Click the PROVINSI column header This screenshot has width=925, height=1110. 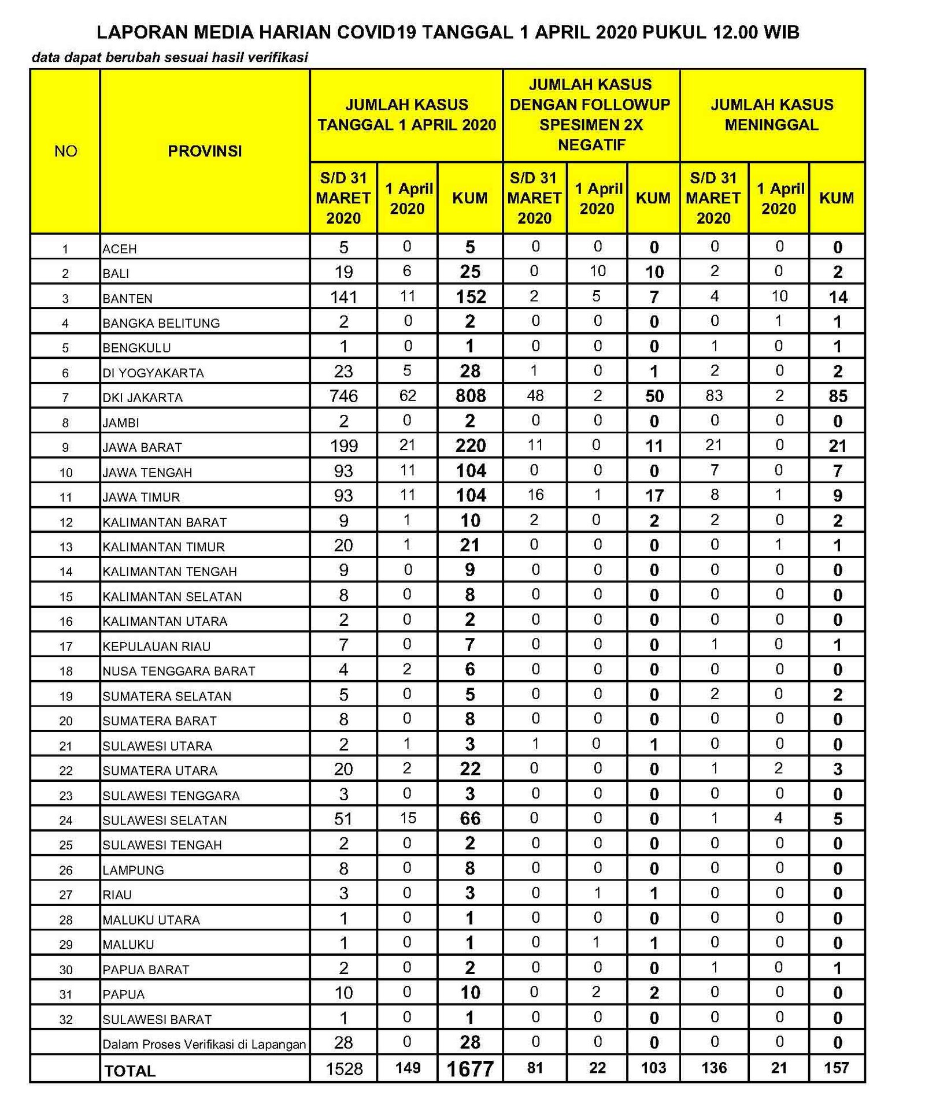pyautogui.click(x=205, y=151)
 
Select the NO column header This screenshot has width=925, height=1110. pyautogui.click(x=65, y=151)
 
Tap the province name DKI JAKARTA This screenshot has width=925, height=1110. pyautogui.click(x=142, y=398)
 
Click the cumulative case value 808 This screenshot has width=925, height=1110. pyautogui.click(x=471, y=396)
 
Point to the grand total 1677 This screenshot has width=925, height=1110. pyautogui.click(x=470, y=1069)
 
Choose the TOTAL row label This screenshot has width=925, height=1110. pyautogui.click(x=130, y=1071)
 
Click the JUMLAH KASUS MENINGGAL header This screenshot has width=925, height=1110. pyautogui.click(x=772, y=114)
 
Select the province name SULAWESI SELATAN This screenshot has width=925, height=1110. pyautogui.click(x=165, y=820)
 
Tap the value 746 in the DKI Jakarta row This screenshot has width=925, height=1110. pyautogui.click(x=343, y=396)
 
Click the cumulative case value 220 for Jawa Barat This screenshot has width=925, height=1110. pyautogui.click(x=471, y=446)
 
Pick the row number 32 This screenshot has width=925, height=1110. pyautogui.click(x=66, y=1019)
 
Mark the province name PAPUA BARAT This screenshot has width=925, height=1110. pyautogui.click(x=146, y=970)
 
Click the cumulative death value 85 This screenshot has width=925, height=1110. pyautogui.click(x=838, y=396)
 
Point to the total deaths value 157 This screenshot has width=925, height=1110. pyautogui.click(x=837, y=1068)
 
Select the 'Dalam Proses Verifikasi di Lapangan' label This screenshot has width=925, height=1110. pyautogui.click(x=204, y=1044)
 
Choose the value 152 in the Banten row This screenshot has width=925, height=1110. pyautogui.click(x=471, y=296)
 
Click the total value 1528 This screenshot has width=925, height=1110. pyautogui.click(x=344, y=1068)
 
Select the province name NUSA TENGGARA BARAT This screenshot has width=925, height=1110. pyautogui.click(x=179, y=671)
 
